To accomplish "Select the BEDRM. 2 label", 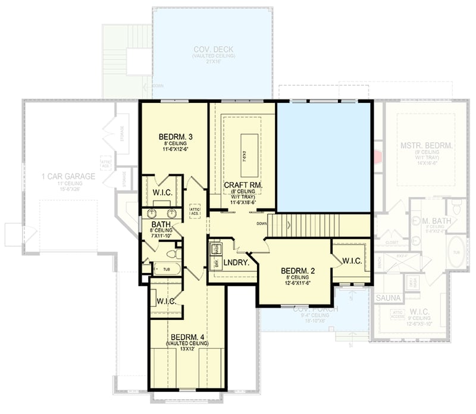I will pyautogui.click(x=299, y=270).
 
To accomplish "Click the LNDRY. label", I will pyautogui.click(x=236, y=262).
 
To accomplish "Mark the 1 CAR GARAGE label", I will pyautogui.click(x=68, y=176).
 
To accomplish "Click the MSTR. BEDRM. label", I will pyautogui.click(x=427, y=145).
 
